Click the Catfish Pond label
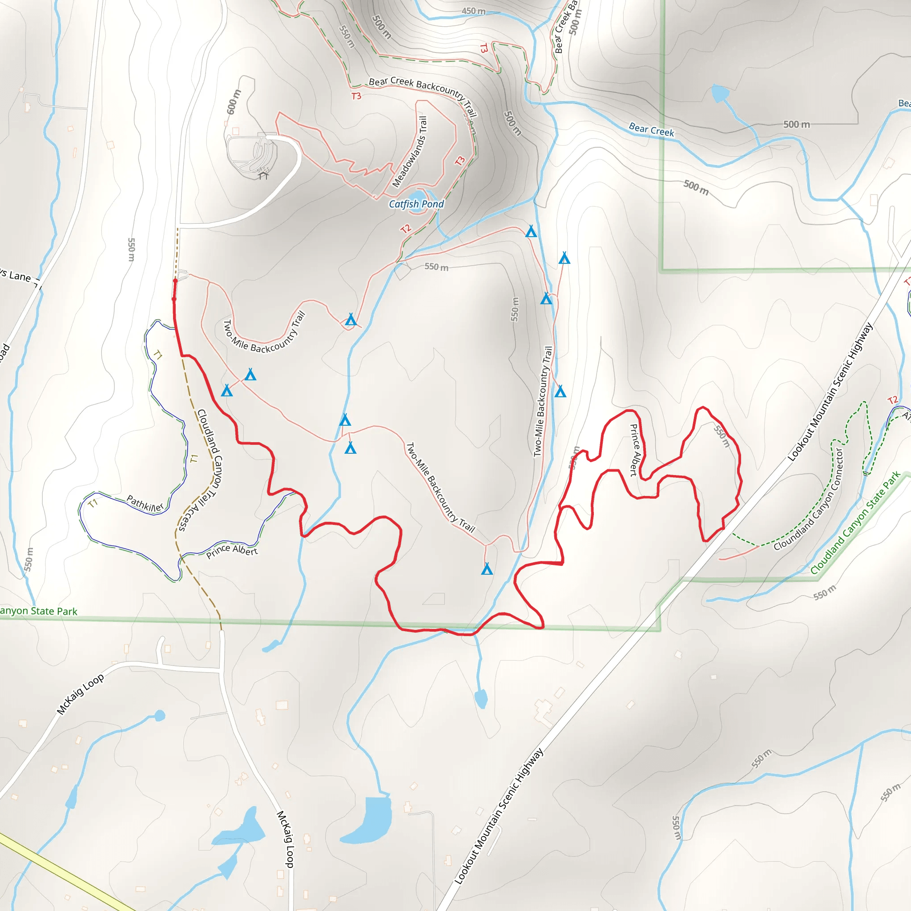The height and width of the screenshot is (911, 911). coord(416,204)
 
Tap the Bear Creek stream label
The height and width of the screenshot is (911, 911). coord(651,129)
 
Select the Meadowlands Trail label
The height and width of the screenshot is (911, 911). coord(410,152)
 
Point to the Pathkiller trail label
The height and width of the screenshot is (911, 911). coord(145,504)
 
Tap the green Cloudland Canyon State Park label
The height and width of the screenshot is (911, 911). coord(855,523)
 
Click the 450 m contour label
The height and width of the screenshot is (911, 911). coord(473,11)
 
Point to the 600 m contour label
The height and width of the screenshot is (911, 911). coord(234,102)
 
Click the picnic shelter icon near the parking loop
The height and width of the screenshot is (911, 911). coord(263,175)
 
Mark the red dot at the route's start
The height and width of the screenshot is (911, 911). coord(175,281)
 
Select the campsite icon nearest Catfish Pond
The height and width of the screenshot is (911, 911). coord(531,231)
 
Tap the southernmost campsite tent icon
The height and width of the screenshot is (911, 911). coord(487,568)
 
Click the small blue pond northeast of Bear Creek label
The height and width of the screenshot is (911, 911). coord(720,93)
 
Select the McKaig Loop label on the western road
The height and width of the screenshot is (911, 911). coord(80,694)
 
